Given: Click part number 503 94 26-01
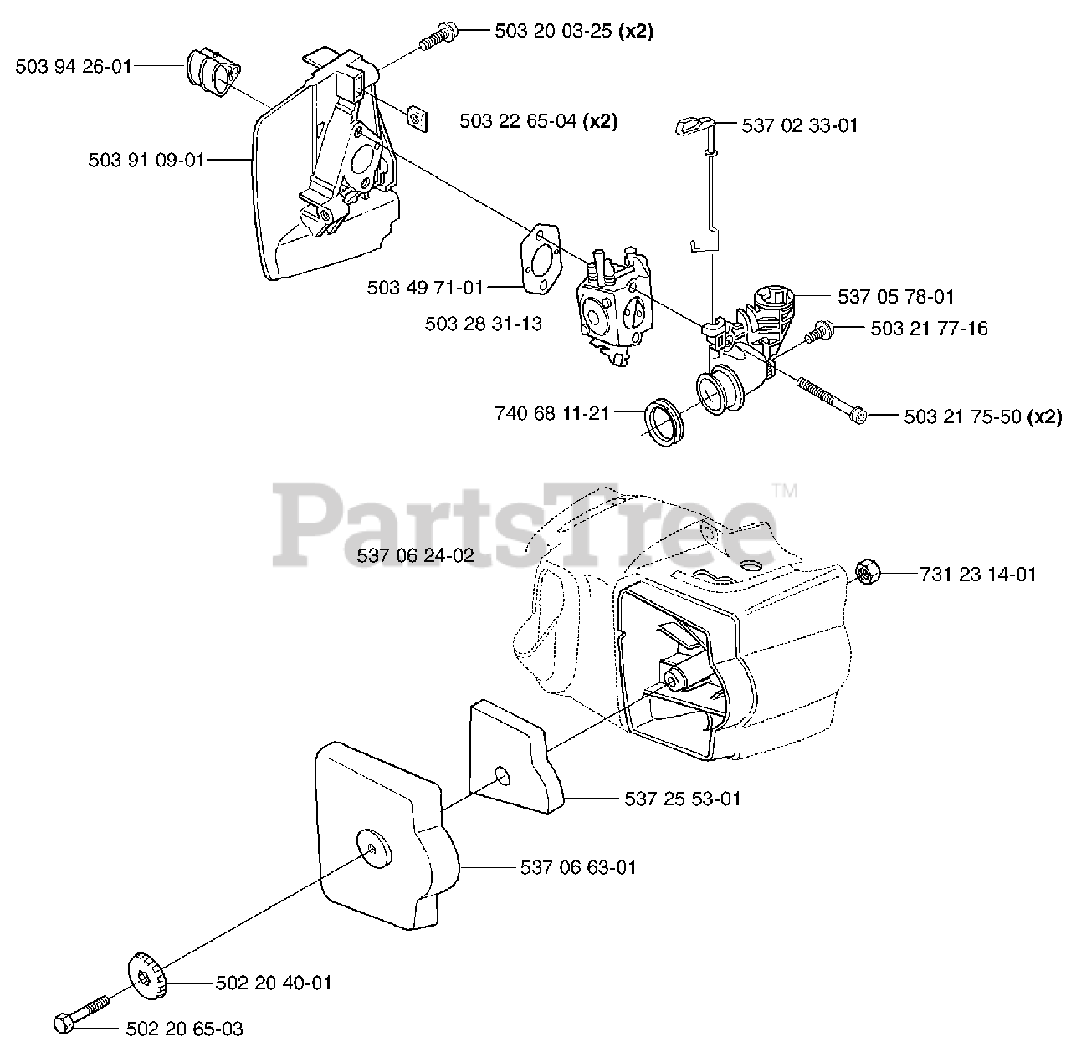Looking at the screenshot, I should tap(74, 66).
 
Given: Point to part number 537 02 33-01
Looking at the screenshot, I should tap(800, 126).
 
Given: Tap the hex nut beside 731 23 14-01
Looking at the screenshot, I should tap(866, 573).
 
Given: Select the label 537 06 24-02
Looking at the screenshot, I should tap(415, 555).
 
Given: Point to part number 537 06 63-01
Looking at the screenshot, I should tap(578, 867).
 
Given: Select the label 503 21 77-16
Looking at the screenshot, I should tap(929, 329).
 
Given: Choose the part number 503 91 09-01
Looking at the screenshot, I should tap(146, 160).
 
